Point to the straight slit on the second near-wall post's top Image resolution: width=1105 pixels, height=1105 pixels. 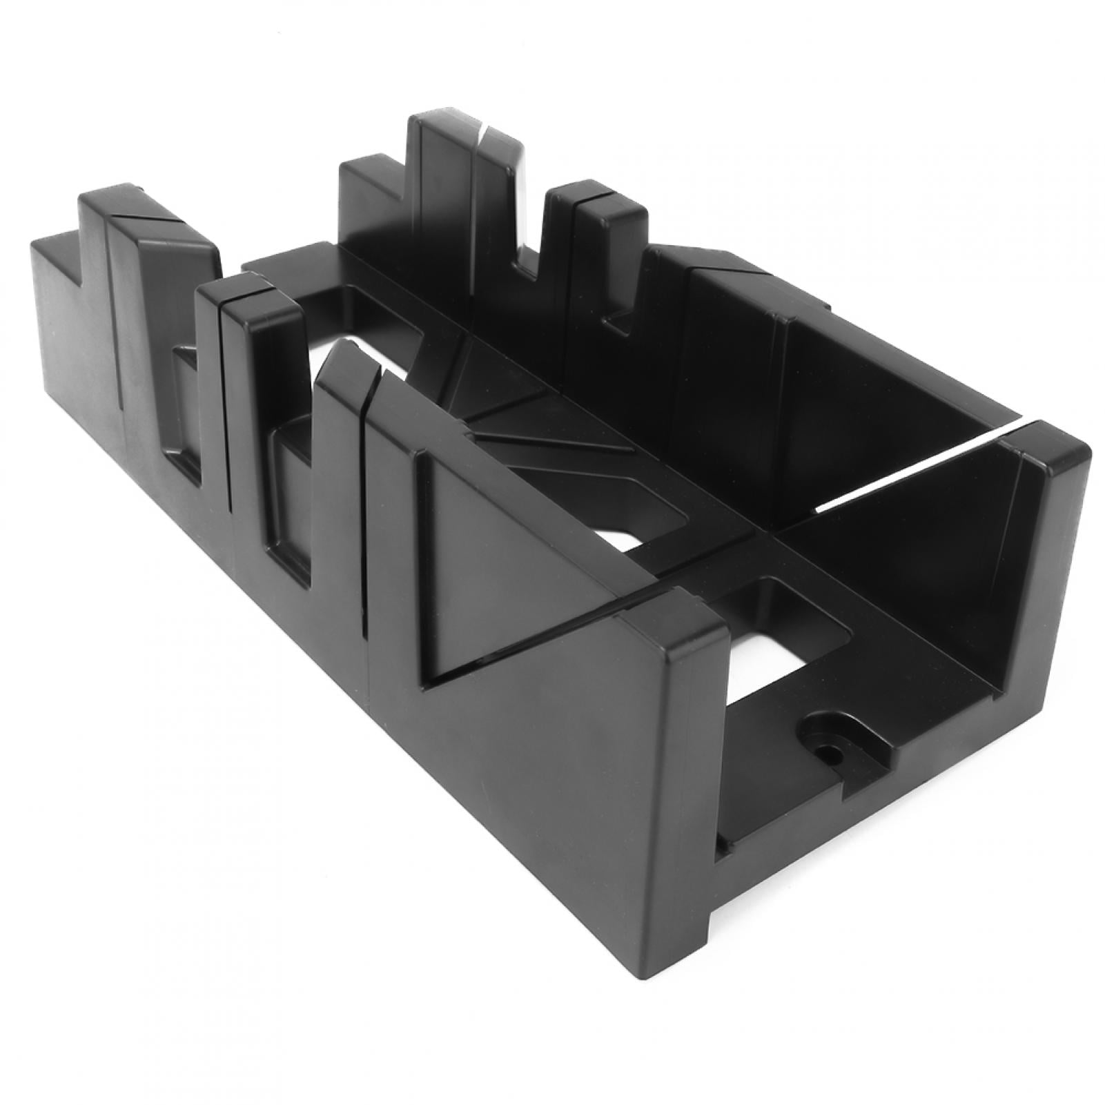(x=242, y=293)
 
